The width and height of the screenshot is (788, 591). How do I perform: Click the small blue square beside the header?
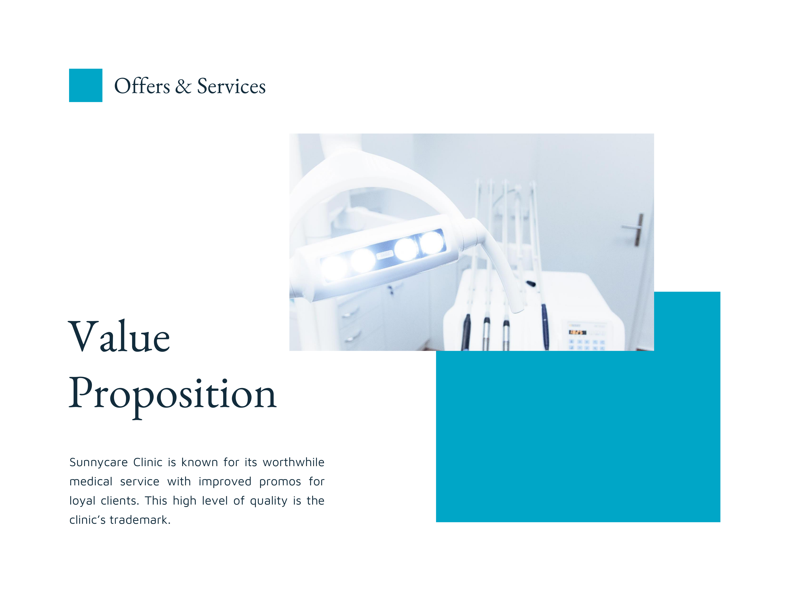pos(86,86)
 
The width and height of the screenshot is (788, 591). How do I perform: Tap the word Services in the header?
pos(231,86)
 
